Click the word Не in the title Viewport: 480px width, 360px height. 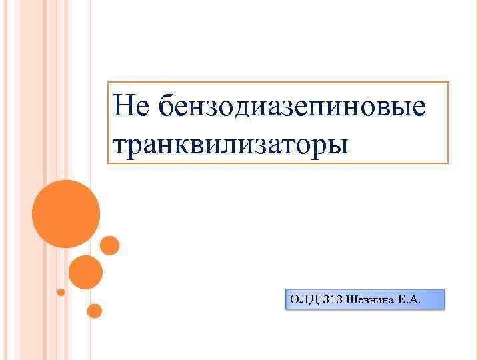tap(128, 107)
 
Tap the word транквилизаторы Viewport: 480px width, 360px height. tap(231, 143)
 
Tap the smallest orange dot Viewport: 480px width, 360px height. tap(61, 292)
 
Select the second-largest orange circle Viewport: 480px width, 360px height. tap(86, 272)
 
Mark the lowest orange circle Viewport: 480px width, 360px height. tap(95, 311)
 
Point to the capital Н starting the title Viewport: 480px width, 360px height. tap(122, 107)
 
